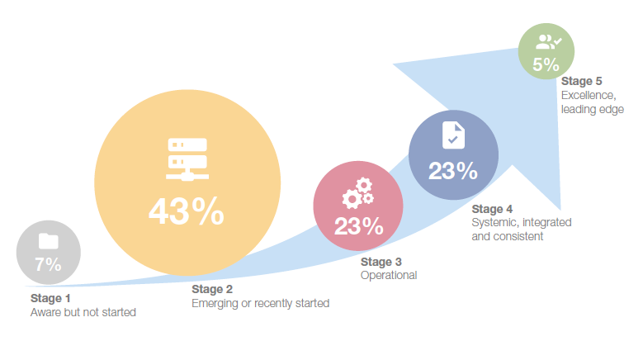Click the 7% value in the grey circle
tap(48, 264)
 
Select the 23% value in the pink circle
tap(358, 225)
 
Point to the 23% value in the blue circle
tap(452, 171)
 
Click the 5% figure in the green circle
tap(546, 64)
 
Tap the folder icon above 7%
tap(48, 241)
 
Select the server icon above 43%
tap(186, 159)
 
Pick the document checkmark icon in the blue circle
tap(453, 135)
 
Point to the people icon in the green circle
tap(546, 40)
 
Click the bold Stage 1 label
tap(51, 298)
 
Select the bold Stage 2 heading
tap(212, 289)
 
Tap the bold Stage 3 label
tap(381, 262)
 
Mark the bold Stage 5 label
tap(582, 81)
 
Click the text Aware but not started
tap(83, 312)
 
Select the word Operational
tap(389, 275)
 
